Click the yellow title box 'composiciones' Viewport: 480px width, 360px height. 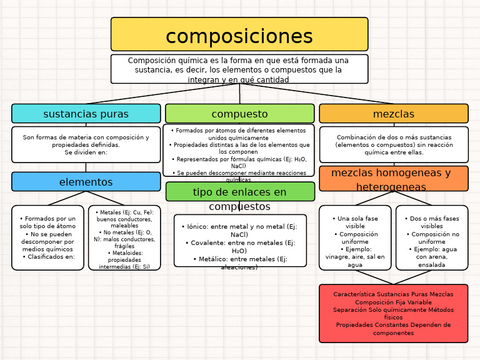[x=239, y=34]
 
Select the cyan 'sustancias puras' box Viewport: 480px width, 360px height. [x=86, y=114]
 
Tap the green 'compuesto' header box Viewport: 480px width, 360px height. [x=239, y=114]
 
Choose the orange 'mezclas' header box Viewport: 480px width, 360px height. [x=393, y=114]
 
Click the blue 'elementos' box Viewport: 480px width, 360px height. [x=86, y=182]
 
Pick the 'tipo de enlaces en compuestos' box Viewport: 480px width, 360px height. [x=239, y=192]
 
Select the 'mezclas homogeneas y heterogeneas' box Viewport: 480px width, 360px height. [x=393, y=178]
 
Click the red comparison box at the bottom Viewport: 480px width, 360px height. [x=393, y=313]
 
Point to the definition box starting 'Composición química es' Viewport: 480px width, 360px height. [x=239, y=69]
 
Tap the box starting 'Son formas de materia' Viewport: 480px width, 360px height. [x=86, y=144]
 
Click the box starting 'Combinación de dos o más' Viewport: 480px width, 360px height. [x=393, y=144]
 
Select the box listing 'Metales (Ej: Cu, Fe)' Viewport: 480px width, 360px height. [x=124, y=238]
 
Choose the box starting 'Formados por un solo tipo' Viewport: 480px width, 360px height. [x=47, y=238]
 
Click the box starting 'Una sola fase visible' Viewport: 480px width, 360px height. [x=355, y=238]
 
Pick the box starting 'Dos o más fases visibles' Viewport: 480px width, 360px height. [x=431, y=238]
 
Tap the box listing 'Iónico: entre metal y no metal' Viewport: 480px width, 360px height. [x=239, y=241]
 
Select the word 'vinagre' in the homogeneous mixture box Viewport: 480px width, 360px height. [x=338, y=257]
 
